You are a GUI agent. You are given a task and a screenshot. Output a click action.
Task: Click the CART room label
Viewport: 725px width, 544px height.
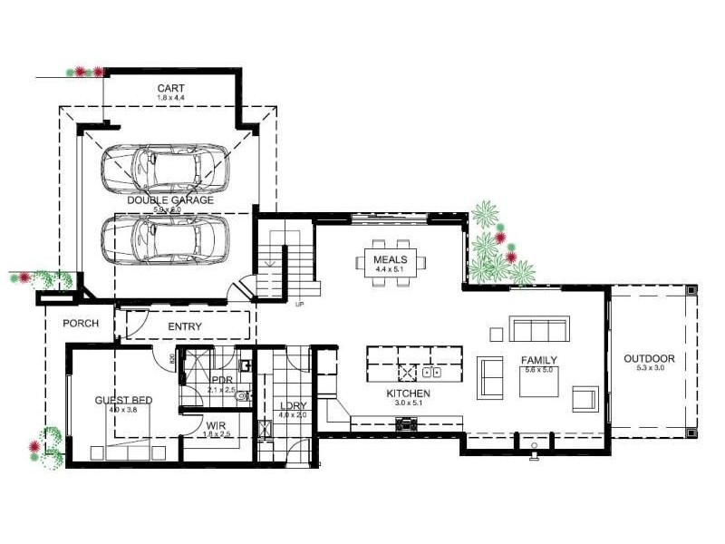coord(170,88)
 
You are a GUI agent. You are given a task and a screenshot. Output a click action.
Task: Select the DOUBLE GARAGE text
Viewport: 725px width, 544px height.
coord(170,199)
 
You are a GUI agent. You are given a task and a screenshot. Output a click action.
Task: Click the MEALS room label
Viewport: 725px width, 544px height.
coord(391,260)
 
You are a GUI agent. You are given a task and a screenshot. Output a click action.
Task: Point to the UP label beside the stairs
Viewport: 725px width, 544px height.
coord(298,304)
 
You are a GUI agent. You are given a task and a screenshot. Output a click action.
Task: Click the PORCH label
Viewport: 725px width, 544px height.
coord(80,324)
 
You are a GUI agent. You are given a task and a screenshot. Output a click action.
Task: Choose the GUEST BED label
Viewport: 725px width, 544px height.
coord(123,400)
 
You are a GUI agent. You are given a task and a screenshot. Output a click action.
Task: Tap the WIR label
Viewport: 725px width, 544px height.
coord(216,424)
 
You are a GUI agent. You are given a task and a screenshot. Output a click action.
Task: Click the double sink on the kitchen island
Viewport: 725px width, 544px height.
coord(432,372)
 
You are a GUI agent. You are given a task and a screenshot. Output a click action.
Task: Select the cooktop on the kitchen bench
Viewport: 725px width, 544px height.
coord(405,422)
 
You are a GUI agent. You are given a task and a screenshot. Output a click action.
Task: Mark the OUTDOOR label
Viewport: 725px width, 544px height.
coord(649,358)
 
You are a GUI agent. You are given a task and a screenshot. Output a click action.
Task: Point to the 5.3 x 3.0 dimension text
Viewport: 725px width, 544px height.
coord(649,369)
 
